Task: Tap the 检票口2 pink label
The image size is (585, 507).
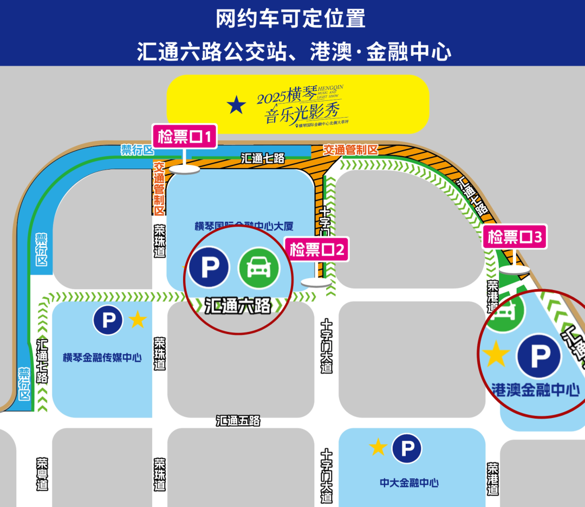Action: pos(317,250)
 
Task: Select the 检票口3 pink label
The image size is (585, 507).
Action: pos(515,237)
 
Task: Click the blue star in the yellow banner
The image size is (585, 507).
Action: pos(236,105)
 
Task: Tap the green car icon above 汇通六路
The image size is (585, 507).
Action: pos(259,267)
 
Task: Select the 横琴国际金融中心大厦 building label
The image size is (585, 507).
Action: pos(239,226)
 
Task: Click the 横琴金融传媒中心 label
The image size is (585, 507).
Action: pos(102,357)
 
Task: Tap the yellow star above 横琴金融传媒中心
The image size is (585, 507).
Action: pos(138,320)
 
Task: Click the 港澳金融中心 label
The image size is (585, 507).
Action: pos(536,389)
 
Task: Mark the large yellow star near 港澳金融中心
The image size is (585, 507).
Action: pos(496,354)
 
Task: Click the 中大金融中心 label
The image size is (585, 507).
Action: pos(409,483)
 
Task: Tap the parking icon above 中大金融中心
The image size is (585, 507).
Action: pos(407,448)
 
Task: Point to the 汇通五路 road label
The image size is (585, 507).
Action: pos(238,420)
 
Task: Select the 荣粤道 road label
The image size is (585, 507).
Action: pos(42,474)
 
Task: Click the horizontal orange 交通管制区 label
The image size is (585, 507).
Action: pos(350,150)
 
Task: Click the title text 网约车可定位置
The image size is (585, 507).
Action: pos(291,19)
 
